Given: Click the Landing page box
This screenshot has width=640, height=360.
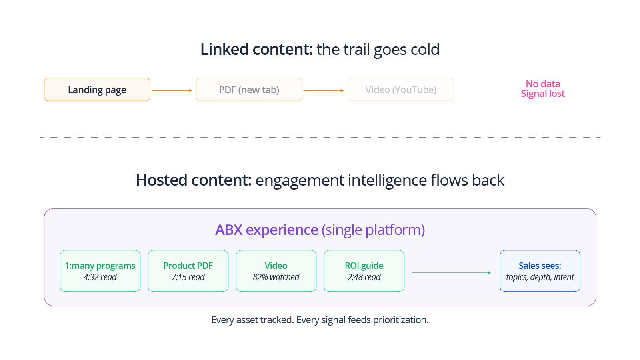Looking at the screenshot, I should [97, 90].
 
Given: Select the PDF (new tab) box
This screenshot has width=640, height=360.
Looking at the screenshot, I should [249, 90].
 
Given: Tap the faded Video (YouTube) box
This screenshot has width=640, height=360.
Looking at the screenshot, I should [401, 90].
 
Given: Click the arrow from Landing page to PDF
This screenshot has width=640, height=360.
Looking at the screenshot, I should [172, 91].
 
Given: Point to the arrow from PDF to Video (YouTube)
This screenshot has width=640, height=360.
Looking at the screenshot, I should [324, 91].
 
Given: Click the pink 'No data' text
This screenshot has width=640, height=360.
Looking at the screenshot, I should [543, 84].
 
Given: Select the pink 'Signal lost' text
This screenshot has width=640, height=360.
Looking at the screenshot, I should [543, 94].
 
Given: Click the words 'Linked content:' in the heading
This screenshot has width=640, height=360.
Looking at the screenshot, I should [256, 50].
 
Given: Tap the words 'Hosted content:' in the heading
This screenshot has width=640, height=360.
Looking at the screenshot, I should [194, 180].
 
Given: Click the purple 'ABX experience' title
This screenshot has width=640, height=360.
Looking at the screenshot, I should [267, 230].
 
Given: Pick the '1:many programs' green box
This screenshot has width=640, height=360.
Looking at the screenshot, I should [100, 271].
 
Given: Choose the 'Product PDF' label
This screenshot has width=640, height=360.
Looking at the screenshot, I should [188, 266].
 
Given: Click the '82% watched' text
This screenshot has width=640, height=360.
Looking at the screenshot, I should [276, 277].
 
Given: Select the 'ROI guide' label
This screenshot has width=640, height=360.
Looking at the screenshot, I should [364, 266].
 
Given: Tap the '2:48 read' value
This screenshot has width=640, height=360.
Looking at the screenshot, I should [364, 277].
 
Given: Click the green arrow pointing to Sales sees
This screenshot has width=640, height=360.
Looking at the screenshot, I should [451, 273].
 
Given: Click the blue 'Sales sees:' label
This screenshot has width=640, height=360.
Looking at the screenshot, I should [540, 266].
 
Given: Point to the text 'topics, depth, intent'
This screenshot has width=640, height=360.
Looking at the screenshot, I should [540, 277].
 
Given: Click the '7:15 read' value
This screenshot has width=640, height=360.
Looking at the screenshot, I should [188, 277].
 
